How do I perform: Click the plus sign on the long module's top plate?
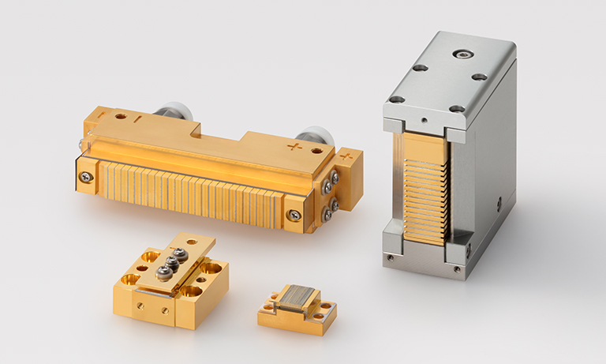(294, 147)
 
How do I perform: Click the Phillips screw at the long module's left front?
(85, 176)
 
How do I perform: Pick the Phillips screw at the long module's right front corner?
(294, 214)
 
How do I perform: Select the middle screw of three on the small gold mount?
(171, 262)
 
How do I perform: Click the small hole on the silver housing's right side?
(499, 203)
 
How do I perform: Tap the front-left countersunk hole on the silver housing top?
(396, 99)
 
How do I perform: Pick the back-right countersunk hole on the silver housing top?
(479, 77)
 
